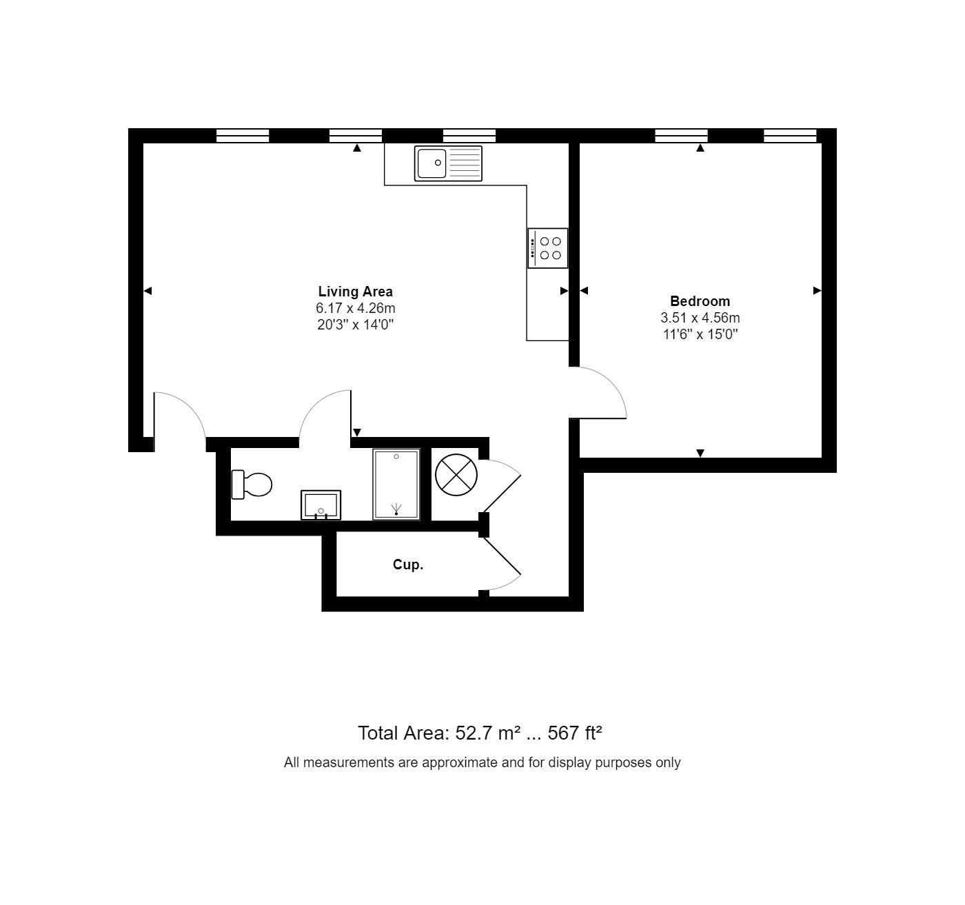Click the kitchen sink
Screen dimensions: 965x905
coord(448,163)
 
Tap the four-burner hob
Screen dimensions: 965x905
coord(547,248)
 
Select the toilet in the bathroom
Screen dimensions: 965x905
coord(251,485)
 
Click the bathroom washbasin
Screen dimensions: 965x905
coord(321,505)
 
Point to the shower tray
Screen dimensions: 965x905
coord(396,484)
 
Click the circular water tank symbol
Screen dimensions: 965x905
coord(456,475)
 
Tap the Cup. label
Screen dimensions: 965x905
coord(407,565)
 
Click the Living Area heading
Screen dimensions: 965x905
coord(355,292)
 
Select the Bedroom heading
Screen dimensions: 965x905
coord(700,301)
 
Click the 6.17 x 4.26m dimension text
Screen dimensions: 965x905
coord(355,308)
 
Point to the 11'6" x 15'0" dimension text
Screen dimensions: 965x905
coord(700,334)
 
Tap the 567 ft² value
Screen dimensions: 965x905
coord(575,733)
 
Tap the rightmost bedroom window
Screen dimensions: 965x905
coord(790,136)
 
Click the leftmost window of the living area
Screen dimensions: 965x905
coord(243,136)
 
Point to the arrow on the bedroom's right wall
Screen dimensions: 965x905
coord(817,291)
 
